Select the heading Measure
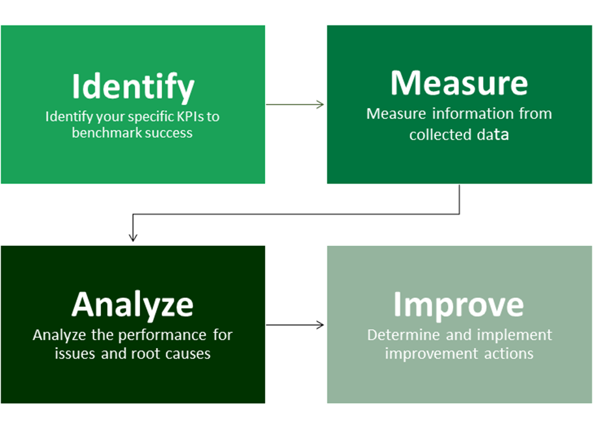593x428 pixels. [459, 83]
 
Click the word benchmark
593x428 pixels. [105, 133]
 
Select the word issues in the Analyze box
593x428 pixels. [76, 354]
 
